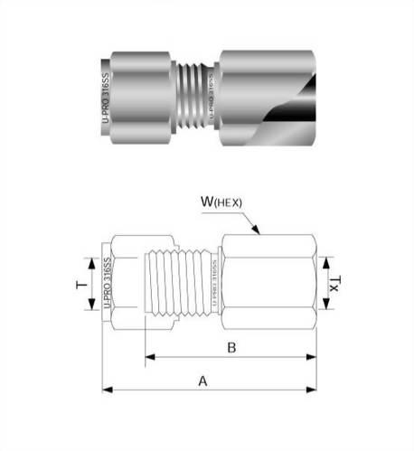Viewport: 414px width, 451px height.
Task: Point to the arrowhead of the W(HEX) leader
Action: pyautogui.click(x=259, y=233)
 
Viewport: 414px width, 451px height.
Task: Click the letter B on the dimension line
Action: pyautogui.click(x=231, y=346)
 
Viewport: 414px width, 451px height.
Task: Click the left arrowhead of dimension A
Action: pyautogui.click(x=106, y=390)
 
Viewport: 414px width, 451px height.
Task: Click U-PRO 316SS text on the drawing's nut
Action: pyautogui.click(x=108, y=284)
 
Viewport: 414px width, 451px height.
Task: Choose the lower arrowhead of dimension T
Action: pyautogui.click(x=90, y=307)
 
